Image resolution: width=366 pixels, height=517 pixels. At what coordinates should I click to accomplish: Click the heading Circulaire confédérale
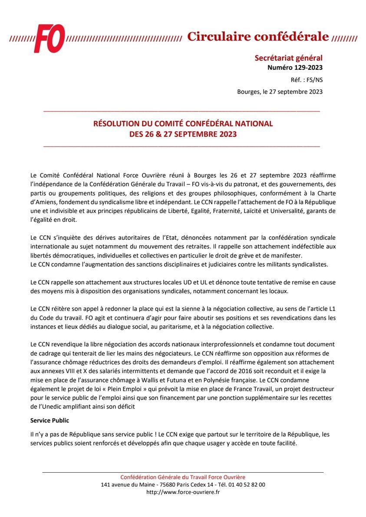click(257, 37)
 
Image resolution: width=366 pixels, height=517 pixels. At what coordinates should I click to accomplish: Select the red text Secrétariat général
click(294, 58)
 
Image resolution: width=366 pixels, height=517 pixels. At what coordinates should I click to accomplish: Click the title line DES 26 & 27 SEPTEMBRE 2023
click(183, 134)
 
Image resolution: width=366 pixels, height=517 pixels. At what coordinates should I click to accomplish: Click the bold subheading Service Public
click(49, 421)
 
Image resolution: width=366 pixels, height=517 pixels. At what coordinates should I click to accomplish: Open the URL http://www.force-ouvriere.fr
click(183, 492)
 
